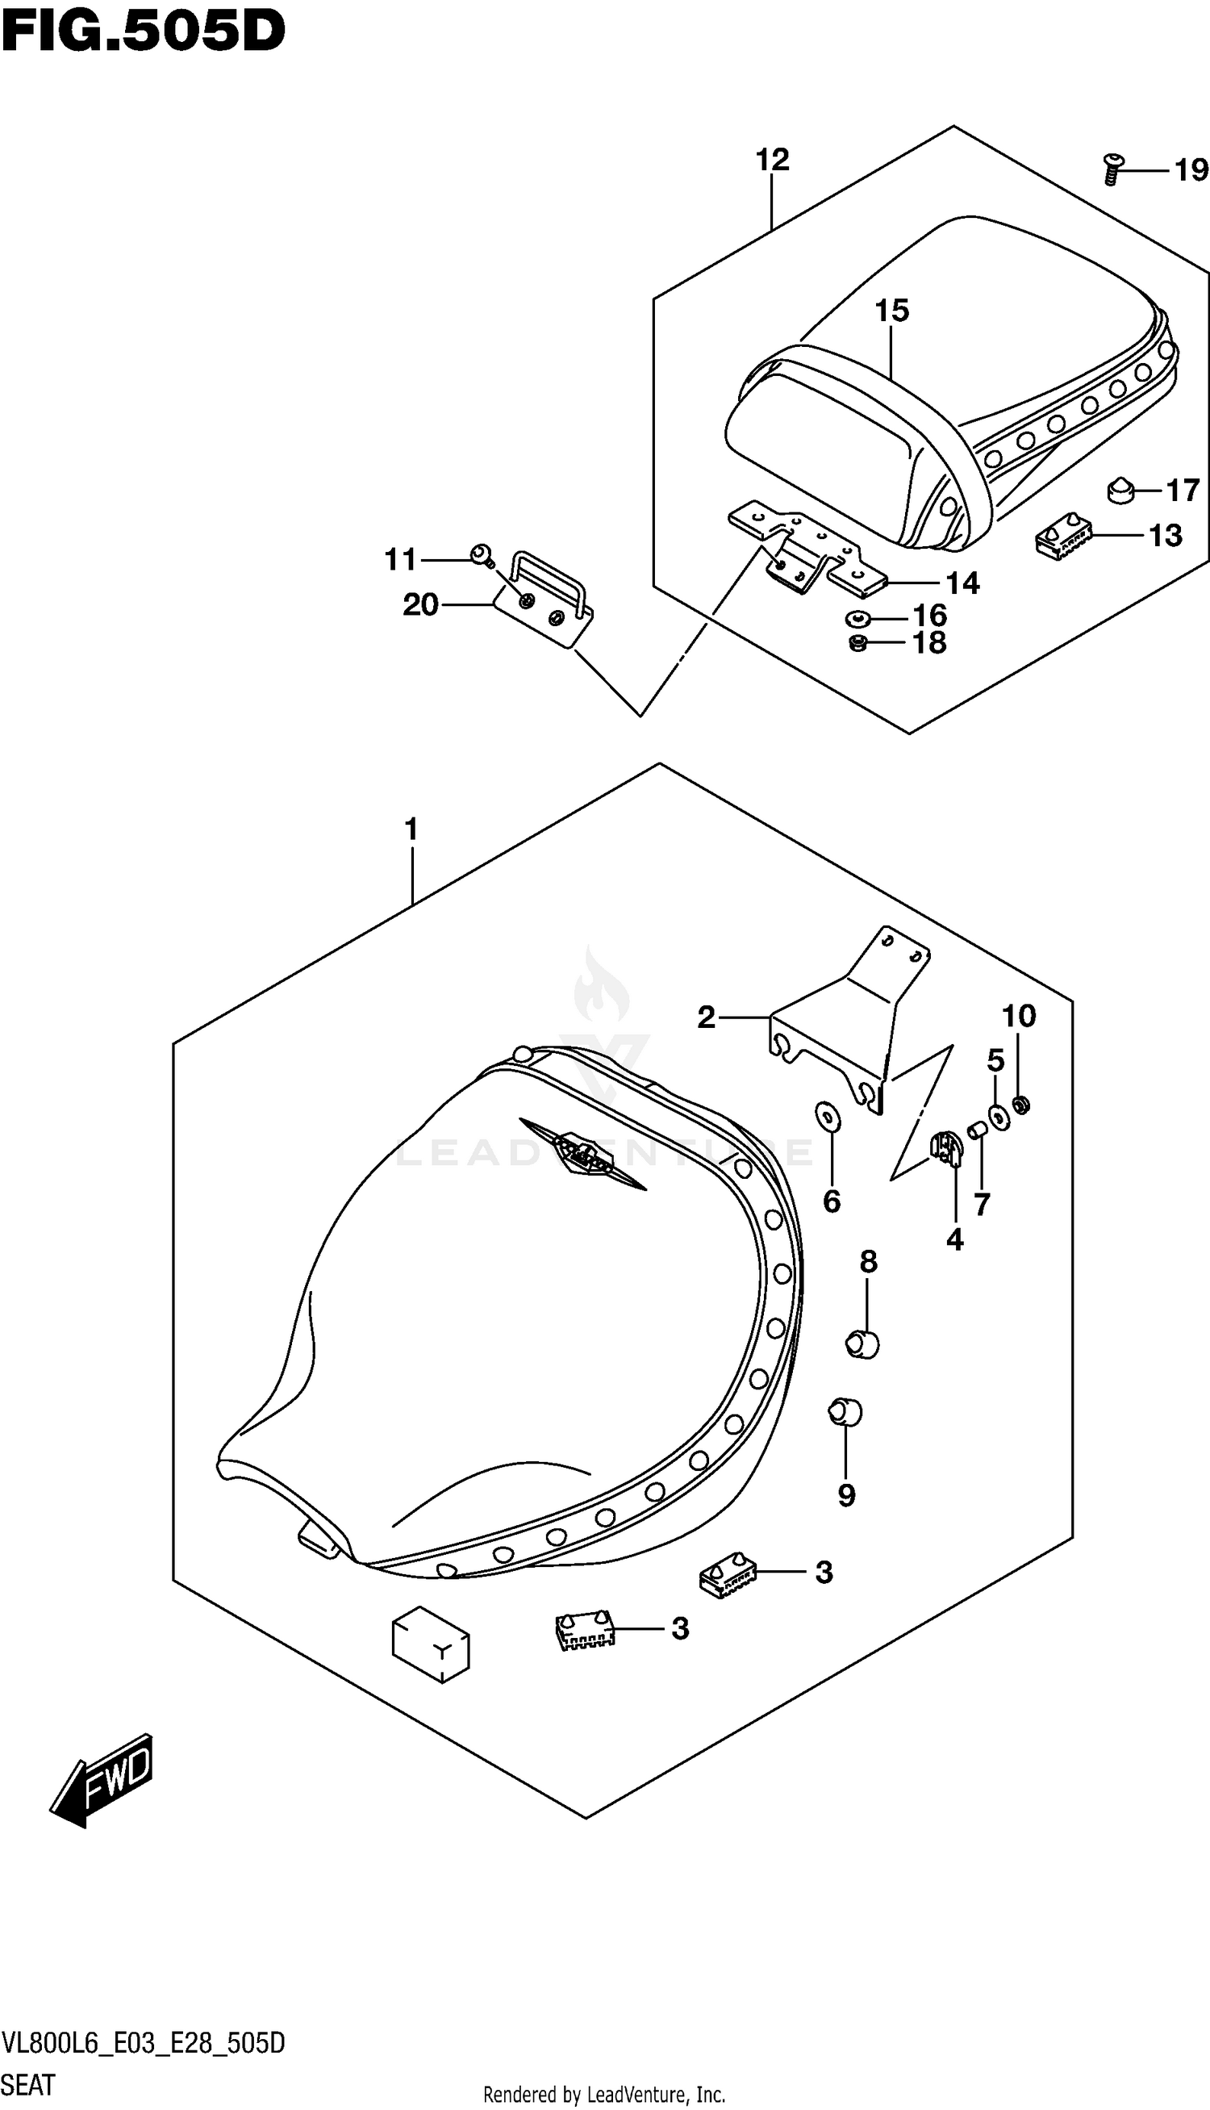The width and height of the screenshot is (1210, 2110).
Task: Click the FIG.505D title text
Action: click(143, 31)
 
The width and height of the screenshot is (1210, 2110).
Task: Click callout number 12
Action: click(772, 160)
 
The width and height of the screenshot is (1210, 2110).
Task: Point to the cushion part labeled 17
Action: click(1121, 491)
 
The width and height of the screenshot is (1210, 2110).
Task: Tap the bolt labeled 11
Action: click(480, 555)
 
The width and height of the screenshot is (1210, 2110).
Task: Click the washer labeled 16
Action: click(856, 618)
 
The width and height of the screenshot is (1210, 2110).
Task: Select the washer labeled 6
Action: click(828, 1118)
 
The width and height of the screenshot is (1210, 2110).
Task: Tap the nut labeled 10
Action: click(1023, 1105)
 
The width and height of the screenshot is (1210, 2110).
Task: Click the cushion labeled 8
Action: click(862, 1343)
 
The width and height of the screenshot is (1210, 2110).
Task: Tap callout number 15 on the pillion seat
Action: click(891, 311)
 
